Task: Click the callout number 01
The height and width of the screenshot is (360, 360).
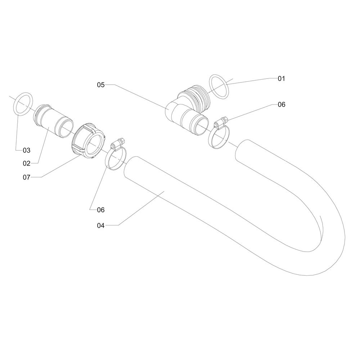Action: pyautogui.click(x=281, y=78)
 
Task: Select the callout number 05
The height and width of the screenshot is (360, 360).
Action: pyautogui.click(x=101, y=85)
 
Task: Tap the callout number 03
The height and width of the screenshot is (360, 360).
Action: pyautogui.click(x=26, y=150)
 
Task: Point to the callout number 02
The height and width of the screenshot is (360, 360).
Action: pyautogui.click(x=26, y=163)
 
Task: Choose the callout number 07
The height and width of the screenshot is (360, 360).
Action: pyautogui.click(x=26, y=177)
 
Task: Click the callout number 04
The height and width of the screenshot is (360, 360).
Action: pyautogui.click(x=101, y=226)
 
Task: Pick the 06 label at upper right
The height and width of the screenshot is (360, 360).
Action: pyautogui.click(x=282, y=105)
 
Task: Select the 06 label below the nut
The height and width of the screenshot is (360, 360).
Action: pyautogui.click(x=101, y=210)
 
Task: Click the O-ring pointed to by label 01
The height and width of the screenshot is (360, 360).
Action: pyautogui.click(x=220, y=87)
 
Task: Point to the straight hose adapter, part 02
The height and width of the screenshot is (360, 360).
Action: pyautogui.click(x=54, y=121)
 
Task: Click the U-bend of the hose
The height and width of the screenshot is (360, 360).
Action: pyautogui.click(x=321, y=230)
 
